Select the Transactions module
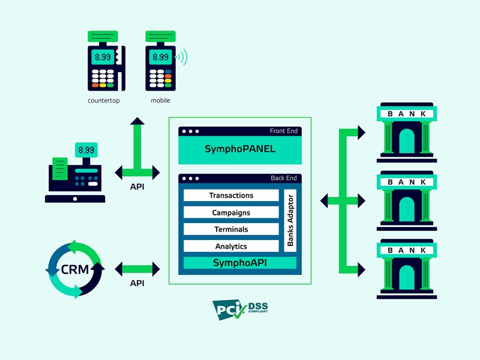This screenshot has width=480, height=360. (x=231, y=196)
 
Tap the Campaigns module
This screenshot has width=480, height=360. (x=231, y=212)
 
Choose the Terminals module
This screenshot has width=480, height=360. (x=231, y=229)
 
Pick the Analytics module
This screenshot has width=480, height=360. (x=231, y=246)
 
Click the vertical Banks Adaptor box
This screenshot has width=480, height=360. (x=290, y=220)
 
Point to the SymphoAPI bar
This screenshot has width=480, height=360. (x=240, y=263)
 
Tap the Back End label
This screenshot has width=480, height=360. (x=284, y=178)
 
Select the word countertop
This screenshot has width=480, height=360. (x=104, y=100)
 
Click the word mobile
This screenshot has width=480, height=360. (x=160, y=100)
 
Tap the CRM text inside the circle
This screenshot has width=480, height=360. (x=75, y=269)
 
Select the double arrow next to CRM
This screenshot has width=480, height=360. (x=137, y=268)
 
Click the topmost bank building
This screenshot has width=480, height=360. (x=407, y=133)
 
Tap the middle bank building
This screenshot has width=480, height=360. (x=407, y=201)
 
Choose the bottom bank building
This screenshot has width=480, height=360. (x=407, y=269)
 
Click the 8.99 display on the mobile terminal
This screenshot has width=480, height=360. (x=160, y=58)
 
